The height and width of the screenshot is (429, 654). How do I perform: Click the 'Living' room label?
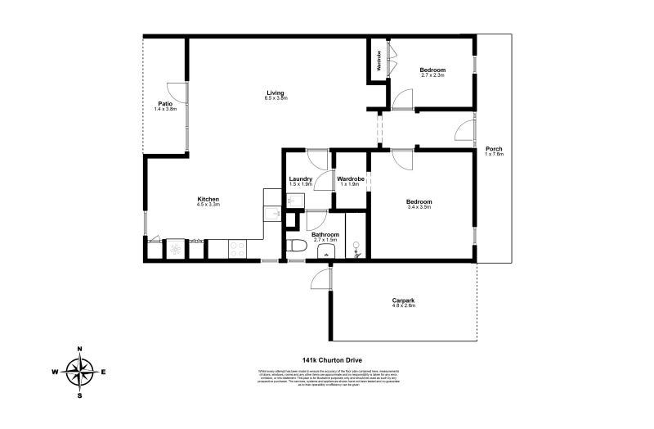275,93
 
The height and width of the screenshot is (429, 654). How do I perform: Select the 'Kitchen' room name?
208,199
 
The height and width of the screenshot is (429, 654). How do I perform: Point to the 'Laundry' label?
301,178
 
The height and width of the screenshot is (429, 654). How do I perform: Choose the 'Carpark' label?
403,300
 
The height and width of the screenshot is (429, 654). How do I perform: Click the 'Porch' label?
494,148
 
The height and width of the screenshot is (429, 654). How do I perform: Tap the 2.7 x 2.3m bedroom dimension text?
432,75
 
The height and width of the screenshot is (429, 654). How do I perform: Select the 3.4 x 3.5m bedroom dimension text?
419,207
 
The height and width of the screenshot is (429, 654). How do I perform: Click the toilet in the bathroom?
297,246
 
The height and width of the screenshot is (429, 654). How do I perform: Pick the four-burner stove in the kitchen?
237,249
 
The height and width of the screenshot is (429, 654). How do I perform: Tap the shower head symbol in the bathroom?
356,246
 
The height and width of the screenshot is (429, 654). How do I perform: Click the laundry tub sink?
271,214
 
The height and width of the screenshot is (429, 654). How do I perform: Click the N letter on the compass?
80,349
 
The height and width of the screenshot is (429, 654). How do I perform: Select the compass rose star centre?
80,373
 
